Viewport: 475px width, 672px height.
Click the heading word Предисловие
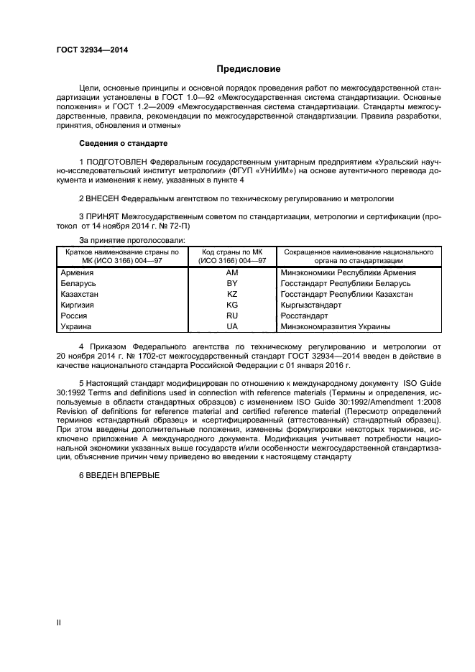coord(249,69)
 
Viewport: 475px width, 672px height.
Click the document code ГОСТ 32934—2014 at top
coord(87,50)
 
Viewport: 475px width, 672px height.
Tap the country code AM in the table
coord(231,273)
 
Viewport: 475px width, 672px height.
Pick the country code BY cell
coord(231,284)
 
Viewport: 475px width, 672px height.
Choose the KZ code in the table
coord(231,295)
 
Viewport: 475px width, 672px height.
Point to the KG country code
coord(231,305)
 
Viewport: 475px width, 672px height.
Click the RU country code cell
coord(231,316)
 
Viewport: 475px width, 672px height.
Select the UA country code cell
coord(231,326)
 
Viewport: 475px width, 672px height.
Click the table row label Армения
coord(78,273)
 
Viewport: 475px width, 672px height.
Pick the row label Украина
coord(78,326)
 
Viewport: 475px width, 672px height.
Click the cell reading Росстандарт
coord(304,316)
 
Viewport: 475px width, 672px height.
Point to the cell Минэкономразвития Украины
coord(336,326)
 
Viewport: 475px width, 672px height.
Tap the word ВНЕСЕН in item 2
coord(103,198)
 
